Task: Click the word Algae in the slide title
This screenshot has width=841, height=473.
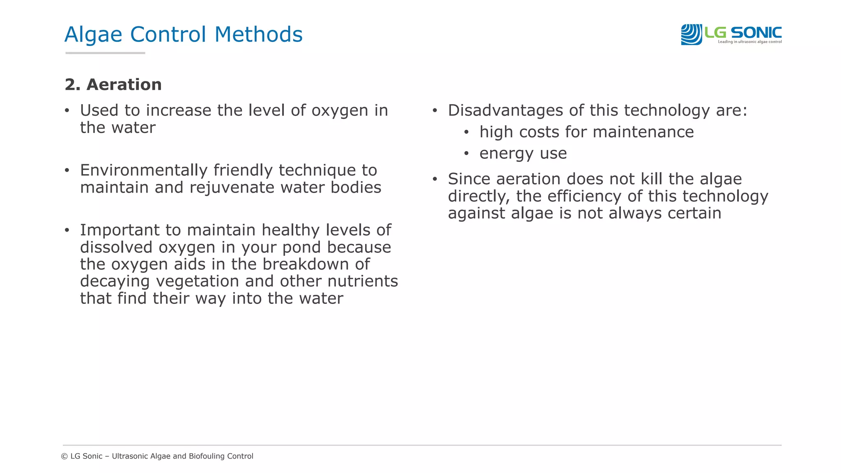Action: point(93,34)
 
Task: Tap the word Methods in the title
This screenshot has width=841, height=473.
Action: point(258,34)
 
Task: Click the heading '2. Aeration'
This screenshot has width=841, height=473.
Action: point(113,85)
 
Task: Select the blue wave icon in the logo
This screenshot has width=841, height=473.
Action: point(691,34)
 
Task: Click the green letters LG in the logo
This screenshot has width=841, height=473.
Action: point(715,32)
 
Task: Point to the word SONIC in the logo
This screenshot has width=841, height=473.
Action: point(756,32)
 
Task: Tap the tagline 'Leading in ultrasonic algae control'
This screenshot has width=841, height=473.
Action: point(749,42)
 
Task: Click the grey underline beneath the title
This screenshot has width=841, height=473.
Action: point(105,53)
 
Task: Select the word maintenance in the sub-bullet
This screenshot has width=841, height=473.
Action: point(643,132)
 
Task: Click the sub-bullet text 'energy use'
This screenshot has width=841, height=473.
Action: point(523,154)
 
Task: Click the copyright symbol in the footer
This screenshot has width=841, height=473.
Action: point(64,456)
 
